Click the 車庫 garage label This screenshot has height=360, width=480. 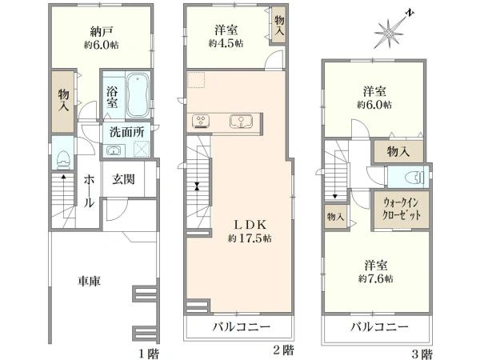(x=89, y=281)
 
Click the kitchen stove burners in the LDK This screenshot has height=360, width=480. (x=202, y=122)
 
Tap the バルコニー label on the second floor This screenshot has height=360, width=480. (x=241, y=327)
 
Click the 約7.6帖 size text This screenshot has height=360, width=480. (x=376, y=278)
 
